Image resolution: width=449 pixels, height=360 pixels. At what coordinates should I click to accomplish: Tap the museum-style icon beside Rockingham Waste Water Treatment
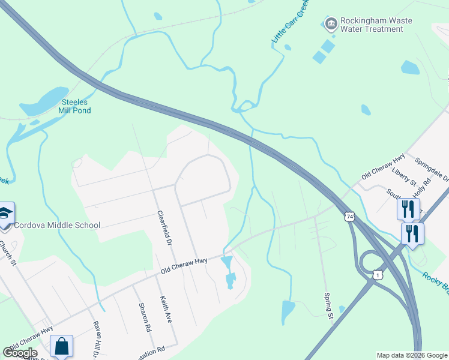tap(330, 25)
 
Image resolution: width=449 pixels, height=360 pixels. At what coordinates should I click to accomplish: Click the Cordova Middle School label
tap(58, 225)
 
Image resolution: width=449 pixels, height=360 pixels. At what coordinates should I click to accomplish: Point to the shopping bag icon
tap(61, 346)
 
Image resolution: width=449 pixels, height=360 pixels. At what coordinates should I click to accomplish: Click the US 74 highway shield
tap(349, 216)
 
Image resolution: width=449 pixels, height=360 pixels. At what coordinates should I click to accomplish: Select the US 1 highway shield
tap(378, 274)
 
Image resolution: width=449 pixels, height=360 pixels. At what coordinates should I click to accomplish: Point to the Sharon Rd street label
tap(145, 317)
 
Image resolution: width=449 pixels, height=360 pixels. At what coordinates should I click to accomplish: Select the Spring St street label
tap(328, 306)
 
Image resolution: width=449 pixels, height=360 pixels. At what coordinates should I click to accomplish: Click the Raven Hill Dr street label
tap(95, 339)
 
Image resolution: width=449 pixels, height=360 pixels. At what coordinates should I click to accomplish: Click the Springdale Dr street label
tap(433, 170)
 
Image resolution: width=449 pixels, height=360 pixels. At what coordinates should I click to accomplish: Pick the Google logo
tap(20, 353)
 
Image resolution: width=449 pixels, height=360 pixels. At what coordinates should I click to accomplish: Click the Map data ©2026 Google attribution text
tap(411, 355)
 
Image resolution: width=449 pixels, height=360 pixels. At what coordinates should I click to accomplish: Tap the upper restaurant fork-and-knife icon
tap(408, 209)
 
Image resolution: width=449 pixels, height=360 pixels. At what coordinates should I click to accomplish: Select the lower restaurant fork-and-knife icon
tap(412, 233)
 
